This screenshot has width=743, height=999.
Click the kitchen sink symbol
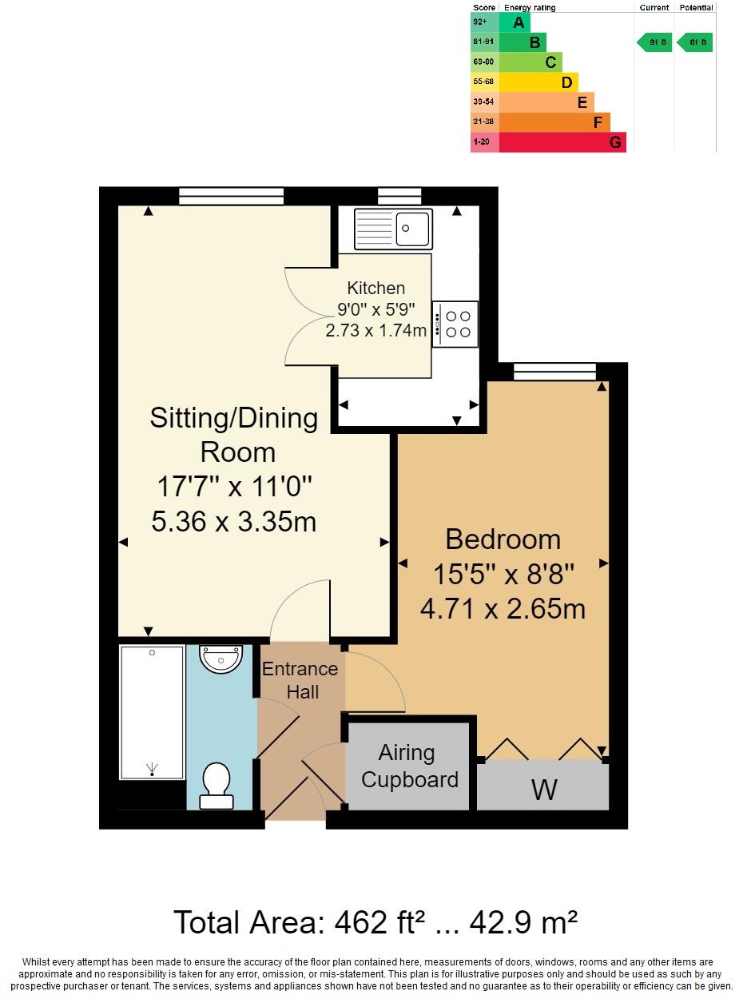393,229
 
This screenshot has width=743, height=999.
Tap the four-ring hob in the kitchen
455,324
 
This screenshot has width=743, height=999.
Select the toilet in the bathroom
217,785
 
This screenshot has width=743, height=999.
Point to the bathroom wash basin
221,660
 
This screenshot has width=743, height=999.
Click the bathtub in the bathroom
152,712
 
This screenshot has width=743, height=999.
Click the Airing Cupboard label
409,766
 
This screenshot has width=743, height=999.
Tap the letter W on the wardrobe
544,790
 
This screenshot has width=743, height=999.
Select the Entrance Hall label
300,680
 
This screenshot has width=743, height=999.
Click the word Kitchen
375,288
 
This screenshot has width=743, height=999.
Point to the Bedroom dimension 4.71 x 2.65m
503,609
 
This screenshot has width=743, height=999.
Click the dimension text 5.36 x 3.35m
233,522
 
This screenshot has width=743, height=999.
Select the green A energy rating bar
515,22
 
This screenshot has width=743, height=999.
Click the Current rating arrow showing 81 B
654,42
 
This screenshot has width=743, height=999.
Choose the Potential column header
695,8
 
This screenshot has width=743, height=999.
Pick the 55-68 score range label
484,82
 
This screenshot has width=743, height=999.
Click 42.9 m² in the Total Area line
523,923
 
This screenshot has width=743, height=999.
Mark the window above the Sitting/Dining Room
231,196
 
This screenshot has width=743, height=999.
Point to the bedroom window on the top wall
554,371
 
